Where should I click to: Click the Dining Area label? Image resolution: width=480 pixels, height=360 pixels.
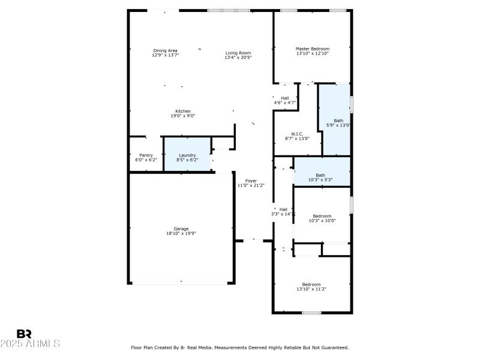pos(165,50)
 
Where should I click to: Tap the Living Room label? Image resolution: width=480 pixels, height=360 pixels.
pos(238,53)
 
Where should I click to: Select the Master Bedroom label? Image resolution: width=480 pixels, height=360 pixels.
pos(312,49)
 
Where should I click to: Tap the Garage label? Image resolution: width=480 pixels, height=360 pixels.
pos(181,229)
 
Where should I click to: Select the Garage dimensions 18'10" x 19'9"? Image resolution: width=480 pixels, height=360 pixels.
pos(181,233)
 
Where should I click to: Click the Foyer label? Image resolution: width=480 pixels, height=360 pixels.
pos(251,181)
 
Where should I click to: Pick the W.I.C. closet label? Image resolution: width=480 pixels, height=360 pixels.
pos(297,134)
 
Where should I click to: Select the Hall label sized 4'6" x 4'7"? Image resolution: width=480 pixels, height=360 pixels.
pos(285,98)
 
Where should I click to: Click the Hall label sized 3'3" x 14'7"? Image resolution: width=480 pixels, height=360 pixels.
pos(283,209)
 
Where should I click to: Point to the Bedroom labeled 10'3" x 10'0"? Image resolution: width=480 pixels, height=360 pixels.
pos(322,216)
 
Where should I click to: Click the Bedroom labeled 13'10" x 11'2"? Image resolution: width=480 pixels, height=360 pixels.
pos(311,284)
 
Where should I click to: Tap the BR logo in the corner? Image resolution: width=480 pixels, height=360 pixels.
pos(25,334)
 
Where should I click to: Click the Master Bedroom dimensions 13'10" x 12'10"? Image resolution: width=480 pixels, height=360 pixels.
pos(312,53)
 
